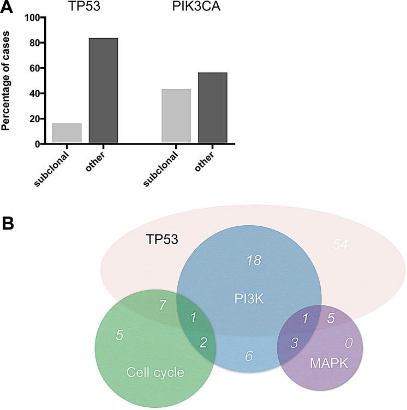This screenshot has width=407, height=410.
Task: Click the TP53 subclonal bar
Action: coord(67,133)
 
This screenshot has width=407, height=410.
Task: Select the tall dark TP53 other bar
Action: coord(104,91)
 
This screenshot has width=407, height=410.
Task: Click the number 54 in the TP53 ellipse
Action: coord(340,245)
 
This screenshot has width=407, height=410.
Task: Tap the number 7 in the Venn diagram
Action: coord(163,305)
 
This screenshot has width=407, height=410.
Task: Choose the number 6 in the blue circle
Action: coord(249,355)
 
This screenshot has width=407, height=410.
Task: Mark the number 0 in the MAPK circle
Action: coord(349,342)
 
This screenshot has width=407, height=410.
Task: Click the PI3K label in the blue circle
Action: coord(249,297)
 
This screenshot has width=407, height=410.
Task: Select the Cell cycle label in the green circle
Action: coord(155,372)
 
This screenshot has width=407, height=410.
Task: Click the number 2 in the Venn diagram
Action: coord(203,342)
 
